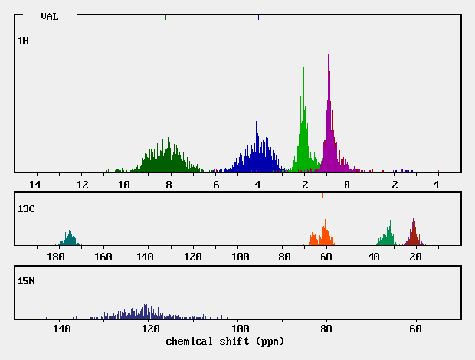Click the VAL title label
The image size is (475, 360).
point(50,15)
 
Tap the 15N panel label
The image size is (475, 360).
point(26,281)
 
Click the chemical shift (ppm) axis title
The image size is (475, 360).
point(224,341)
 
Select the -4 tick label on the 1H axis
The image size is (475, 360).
point(433,185)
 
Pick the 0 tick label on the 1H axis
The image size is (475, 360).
point(347,185)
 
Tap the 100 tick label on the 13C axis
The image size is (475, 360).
point(241,257)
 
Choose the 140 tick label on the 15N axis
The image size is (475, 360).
point(61,329)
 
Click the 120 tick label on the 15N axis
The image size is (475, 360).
point(150,329)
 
